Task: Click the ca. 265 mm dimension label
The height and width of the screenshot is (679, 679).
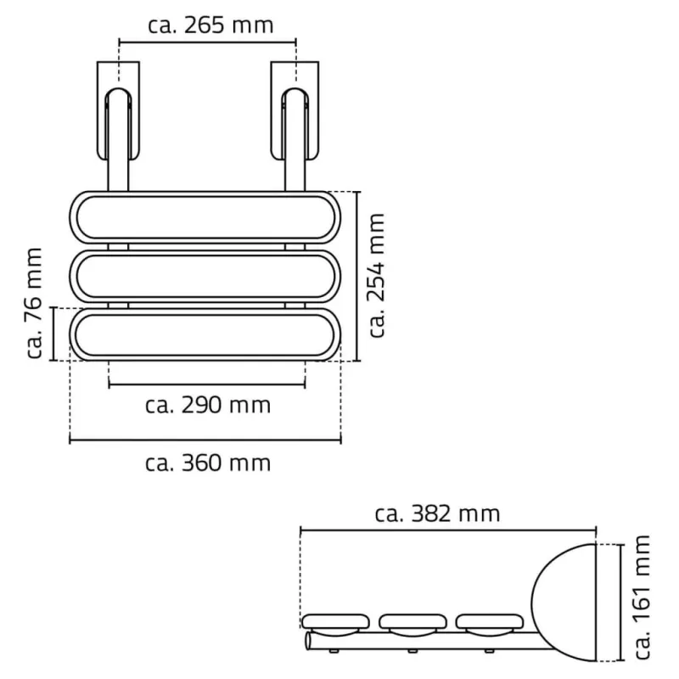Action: click(210, 24)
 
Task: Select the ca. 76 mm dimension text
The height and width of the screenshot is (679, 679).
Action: click(34, 303)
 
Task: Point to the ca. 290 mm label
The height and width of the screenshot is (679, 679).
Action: click(209, 405)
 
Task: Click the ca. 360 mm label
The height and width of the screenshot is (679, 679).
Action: click(208, 463)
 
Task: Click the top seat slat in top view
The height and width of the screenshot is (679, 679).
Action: click(204, 219)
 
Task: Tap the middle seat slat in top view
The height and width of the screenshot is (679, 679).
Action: click(204, 276)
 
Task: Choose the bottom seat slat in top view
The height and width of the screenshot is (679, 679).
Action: click(204, 334)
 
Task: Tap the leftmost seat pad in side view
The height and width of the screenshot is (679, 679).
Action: click(333, 623)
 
